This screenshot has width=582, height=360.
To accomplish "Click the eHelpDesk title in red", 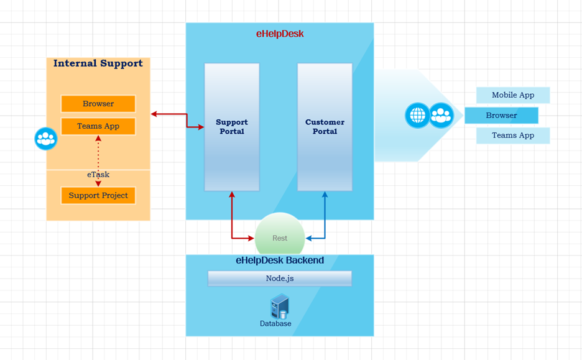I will point(280,34).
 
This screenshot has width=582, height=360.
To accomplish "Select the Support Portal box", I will point(231,127).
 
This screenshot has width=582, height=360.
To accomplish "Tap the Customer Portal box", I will point(325,127).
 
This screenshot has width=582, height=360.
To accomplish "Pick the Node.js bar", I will point(280,279).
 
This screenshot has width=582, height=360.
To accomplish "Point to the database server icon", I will point(279,307).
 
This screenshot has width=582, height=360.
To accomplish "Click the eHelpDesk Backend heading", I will point(280,261).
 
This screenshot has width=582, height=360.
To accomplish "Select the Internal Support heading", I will point(98,63).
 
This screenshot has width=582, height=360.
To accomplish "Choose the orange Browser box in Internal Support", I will point(98,104).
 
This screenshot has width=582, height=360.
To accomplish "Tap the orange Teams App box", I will point(98,126).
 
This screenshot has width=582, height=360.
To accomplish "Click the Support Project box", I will point(98,195).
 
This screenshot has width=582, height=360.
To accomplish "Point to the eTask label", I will point(98,175).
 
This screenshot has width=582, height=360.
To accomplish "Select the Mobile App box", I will point(513,95).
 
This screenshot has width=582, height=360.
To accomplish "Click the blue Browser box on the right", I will point(501,116).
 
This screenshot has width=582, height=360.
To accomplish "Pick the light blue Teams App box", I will point(513,136).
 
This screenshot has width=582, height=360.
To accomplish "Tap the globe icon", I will point(417,116).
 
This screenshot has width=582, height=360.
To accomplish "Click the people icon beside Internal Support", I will point(46,139).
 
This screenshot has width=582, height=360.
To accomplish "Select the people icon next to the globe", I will point(441,116).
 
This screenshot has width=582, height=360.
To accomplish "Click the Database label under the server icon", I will point(275,324).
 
